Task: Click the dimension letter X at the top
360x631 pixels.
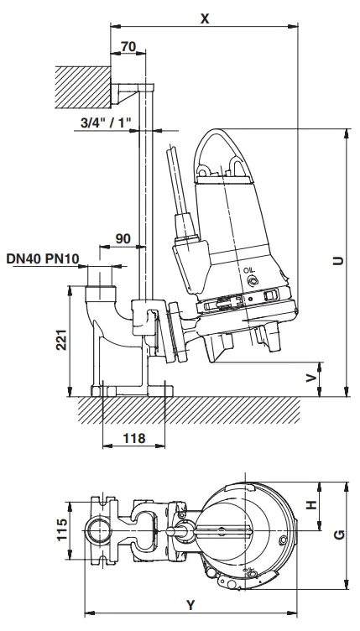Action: [x=204, y=17]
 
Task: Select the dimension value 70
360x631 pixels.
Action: [x=128, y=47]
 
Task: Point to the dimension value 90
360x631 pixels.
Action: [x=123, y=239]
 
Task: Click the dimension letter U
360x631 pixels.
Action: [x=336, y=261]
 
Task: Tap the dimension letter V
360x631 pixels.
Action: [x=311, y=377]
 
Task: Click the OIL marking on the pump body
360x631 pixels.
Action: [x=248, y=270]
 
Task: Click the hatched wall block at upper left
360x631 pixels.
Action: [x=82, y=87]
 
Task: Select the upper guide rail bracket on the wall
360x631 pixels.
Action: [x=133, y=91]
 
